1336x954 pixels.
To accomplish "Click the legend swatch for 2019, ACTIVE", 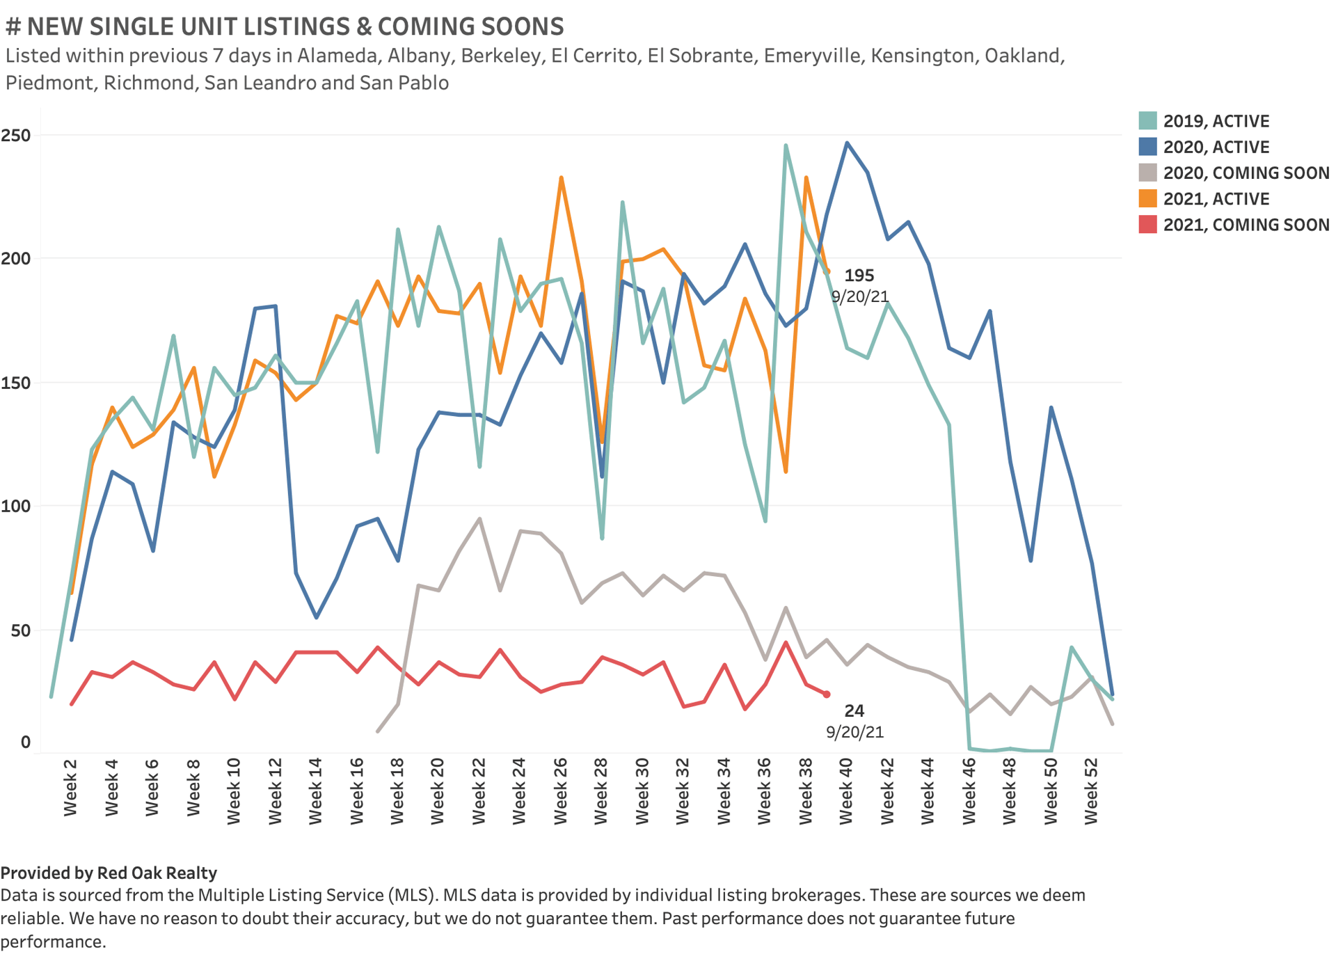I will (1147, 120).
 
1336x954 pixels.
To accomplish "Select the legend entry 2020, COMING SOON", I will (1246, 173).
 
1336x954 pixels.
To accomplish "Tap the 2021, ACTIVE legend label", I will (1216, 199).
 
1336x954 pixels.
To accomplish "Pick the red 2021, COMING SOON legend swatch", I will (1147, 224).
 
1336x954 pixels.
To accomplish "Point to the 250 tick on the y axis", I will (16, 135).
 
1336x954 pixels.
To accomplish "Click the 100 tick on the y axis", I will (16, 506).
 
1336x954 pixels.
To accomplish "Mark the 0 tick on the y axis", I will (26, 742).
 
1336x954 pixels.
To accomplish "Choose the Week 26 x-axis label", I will (561, 791).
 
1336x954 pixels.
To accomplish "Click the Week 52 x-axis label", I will (1091, 791).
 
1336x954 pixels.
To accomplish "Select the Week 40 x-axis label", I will (846, 791).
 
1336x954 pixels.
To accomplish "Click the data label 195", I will (859, 276).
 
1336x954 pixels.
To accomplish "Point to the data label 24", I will (854, 710).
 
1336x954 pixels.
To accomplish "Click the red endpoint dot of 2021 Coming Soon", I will (827, 694).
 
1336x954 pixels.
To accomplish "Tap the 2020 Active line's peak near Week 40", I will (847, 143).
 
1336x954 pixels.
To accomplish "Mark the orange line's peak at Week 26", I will (561, 177).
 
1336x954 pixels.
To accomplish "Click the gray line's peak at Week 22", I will (479, 518).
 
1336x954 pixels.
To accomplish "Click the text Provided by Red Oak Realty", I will (109, 873).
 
